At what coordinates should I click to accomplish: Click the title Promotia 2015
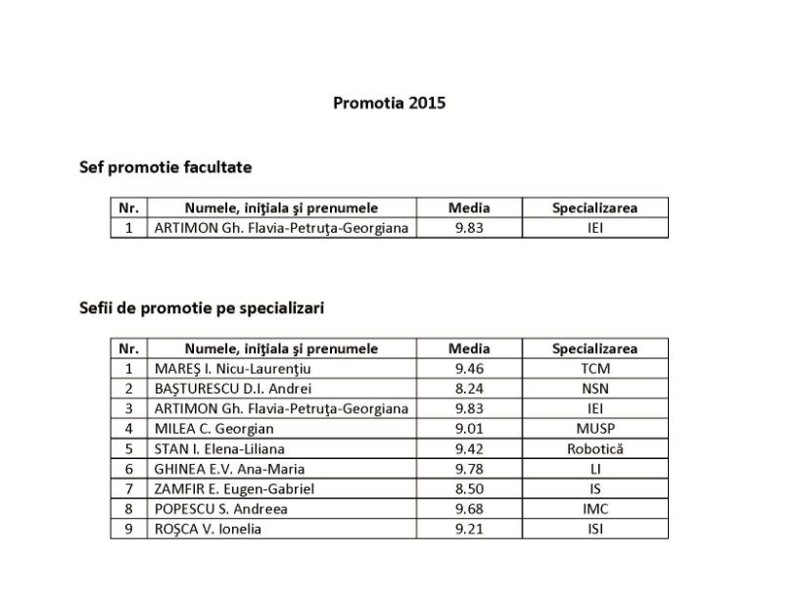pos(389,102)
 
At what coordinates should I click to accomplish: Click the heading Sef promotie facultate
pos(165,167)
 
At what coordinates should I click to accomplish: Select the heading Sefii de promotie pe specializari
pos(202,307)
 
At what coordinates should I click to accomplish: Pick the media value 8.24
pos(469,389)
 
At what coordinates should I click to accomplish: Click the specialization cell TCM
pos(594,369)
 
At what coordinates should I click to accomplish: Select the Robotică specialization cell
pos(594,449)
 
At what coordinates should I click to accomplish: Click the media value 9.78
pos(469,469)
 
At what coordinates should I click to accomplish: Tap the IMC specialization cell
pos(594,509)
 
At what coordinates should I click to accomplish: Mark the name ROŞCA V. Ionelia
pos(209,530)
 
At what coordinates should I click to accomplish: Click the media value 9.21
pos(469,530)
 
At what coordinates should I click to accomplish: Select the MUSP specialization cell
pos(594,429)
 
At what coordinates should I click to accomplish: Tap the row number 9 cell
pos(128,530)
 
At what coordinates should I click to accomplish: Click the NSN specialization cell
pos(594,389)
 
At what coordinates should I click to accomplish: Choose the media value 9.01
pos(469,429)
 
